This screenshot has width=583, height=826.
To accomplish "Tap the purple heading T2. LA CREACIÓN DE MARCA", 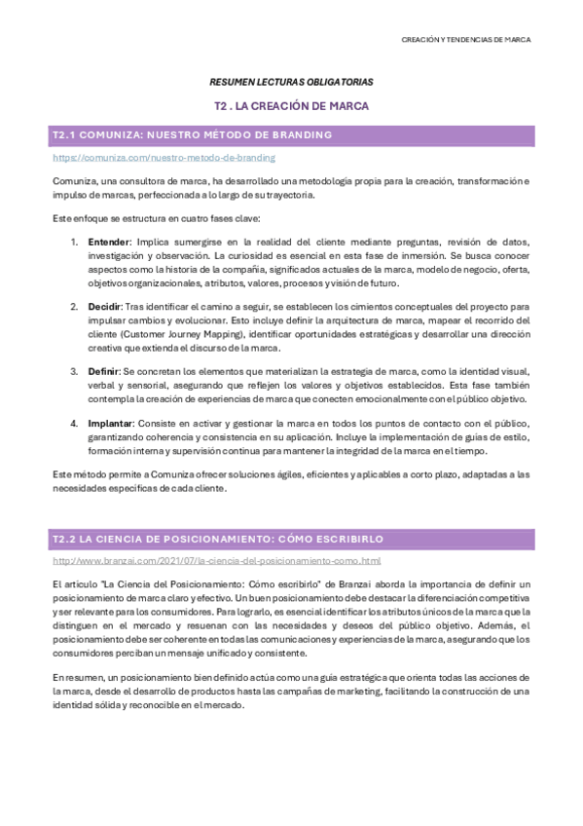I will click(291, 105).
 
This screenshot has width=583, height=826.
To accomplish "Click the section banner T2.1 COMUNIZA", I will click(191, 134).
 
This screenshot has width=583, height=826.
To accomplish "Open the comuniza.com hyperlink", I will click(164, 157).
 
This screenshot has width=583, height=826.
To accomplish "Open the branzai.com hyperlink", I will click(216, 561).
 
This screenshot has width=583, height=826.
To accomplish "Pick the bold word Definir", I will click(104, 371).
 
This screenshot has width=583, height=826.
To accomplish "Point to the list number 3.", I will click(74, 371).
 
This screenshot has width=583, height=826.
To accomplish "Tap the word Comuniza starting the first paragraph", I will click(73, 181).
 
